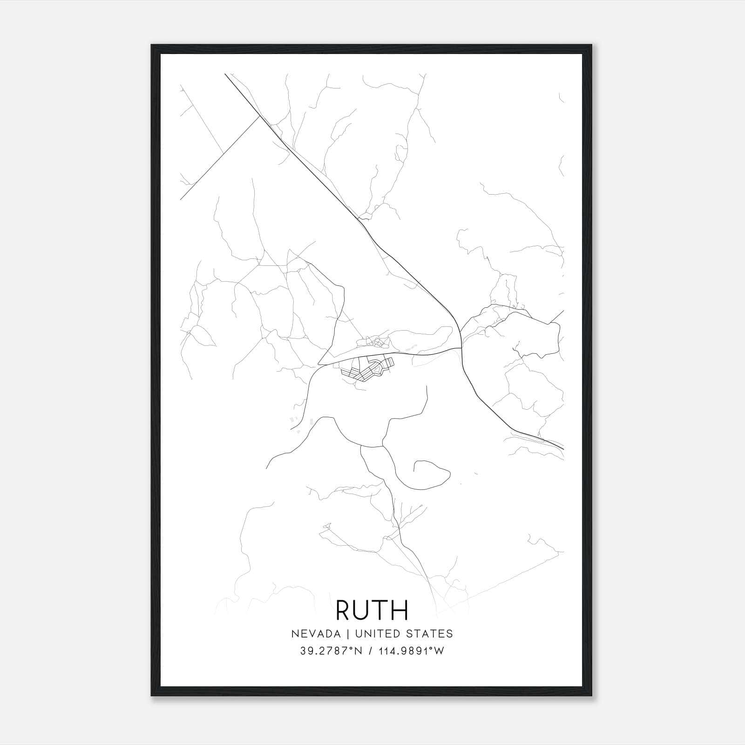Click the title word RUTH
372,610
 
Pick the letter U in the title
363,610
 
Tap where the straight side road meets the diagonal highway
259,117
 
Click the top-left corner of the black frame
152,45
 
